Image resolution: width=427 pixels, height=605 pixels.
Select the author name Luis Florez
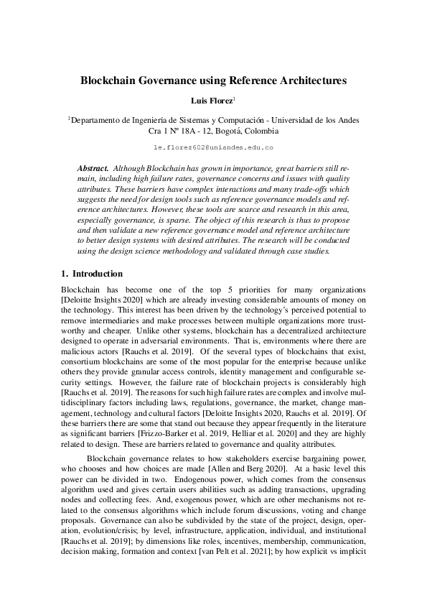(x=211, y=101)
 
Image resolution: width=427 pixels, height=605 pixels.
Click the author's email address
(x=213, y=147)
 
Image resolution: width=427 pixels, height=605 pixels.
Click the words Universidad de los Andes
(x=316, y=121)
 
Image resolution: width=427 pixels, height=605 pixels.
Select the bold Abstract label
(x=93, y=167)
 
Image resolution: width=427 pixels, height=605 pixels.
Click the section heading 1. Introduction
(x=93, y=274)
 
